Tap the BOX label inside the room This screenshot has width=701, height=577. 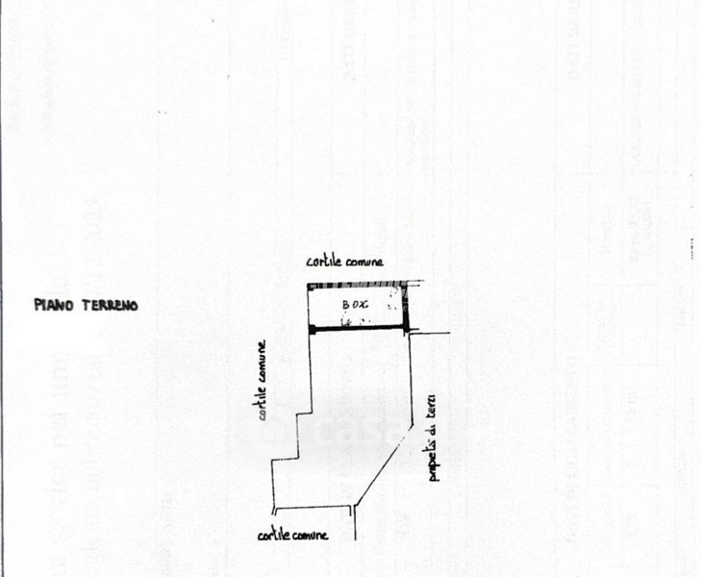(356, 305)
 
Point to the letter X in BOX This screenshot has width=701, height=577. (365, 305)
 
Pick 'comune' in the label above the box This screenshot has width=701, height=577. (365, 262)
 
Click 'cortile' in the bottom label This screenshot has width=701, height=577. (275, 536)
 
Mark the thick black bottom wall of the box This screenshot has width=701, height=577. (358, 330)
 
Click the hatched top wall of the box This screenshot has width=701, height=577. (356, 286)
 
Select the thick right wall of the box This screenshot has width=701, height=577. (406, 308)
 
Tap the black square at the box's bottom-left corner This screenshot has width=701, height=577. (311, 330)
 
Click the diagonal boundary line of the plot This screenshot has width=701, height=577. (385, 465)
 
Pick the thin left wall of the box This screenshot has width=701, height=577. (308, 308)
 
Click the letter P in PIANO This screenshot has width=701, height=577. (38, 305)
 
